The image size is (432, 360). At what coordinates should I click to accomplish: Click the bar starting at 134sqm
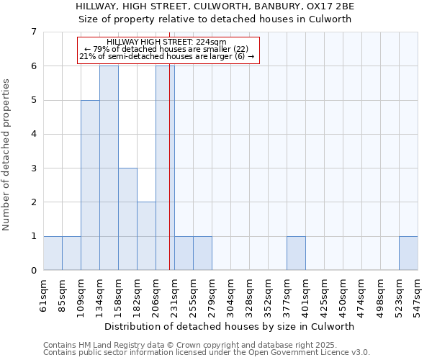[x=109, y=168]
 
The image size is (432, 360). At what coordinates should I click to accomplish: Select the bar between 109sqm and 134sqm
[x=90, y=185]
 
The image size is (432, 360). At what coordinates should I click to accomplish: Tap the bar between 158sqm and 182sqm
[x=127, y=219]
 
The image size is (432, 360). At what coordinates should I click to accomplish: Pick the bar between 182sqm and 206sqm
[x=146, y=236]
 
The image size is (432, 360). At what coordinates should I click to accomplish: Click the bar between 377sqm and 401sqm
[x=296, y=253]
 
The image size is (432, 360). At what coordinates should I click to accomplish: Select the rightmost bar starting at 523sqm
[x=408, y=253]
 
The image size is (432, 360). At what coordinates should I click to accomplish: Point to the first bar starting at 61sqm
[x=53, y=253]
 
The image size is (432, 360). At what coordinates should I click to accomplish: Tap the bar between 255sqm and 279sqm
[x=202, y=253]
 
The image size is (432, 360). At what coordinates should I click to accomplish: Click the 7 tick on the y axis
[x=33, y=32]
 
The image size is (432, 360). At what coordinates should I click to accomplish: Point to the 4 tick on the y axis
[x=33, y=134]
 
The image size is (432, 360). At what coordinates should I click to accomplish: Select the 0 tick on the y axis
[x=33, y=271]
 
